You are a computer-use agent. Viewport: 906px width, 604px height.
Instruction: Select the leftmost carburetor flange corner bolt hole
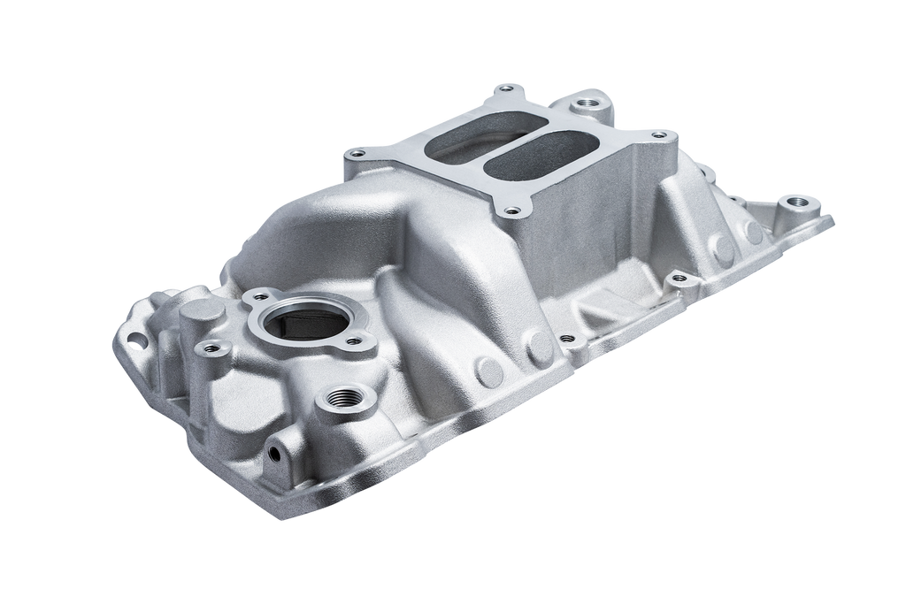click(x=356, y=155)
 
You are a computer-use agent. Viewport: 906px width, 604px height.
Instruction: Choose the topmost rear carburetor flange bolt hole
click(x=506, y=87)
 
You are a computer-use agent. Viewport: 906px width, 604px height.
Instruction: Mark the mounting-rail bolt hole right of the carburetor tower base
click(x=679, y=278)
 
